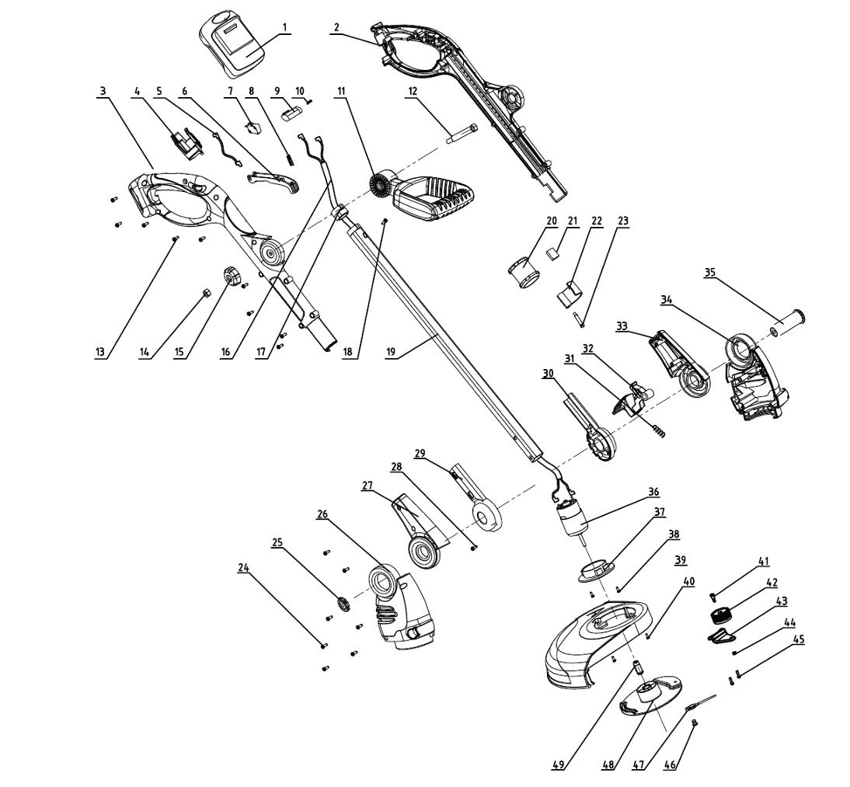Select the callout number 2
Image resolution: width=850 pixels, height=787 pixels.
[336, 26]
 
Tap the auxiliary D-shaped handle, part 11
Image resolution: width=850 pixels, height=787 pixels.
[423, 197]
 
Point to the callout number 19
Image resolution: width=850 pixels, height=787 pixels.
[391, 352]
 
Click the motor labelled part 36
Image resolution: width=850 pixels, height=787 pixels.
[569, 517]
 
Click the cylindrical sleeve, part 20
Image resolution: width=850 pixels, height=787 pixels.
[524, 272]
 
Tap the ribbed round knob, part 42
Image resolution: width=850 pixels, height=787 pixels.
[720, 616]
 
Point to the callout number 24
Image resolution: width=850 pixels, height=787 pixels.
[243, 567]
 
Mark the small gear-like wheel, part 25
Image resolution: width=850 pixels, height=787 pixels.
[343, 603]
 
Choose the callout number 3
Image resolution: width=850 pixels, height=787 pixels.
[103, 91]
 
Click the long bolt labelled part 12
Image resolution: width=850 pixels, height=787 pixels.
[462, 134]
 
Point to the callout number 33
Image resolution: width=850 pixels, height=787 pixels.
[622, 326]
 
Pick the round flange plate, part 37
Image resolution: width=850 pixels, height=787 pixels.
[596, 571]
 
